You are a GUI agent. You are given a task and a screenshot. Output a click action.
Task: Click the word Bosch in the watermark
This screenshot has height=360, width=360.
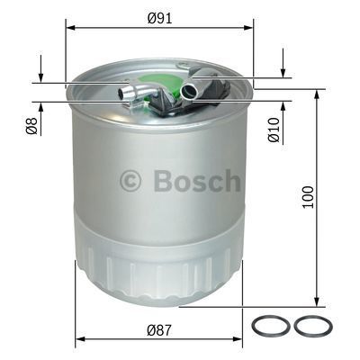pos(197,181)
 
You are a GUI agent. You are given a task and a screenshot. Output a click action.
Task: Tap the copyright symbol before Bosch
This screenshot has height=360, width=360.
pos(130,182)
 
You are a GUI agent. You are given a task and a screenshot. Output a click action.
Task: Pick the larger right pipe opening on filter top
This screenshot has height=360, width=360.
pos(190,90)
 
